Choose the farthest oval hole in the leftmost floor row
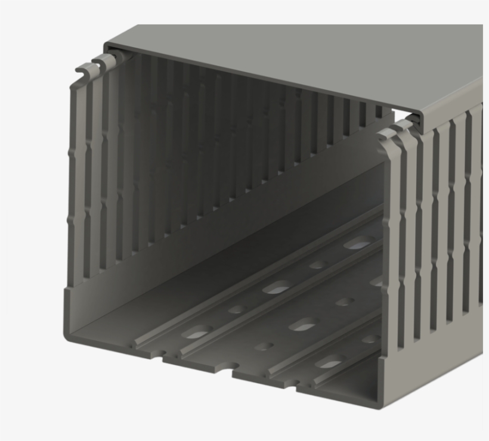point(360,243)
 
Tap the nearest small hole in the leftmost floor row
point(238,309)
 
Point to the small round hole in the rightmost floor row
point(369,339)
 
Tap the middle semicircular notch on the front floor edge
point(225,374)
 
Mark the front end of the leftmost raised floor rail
point(138,344)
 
